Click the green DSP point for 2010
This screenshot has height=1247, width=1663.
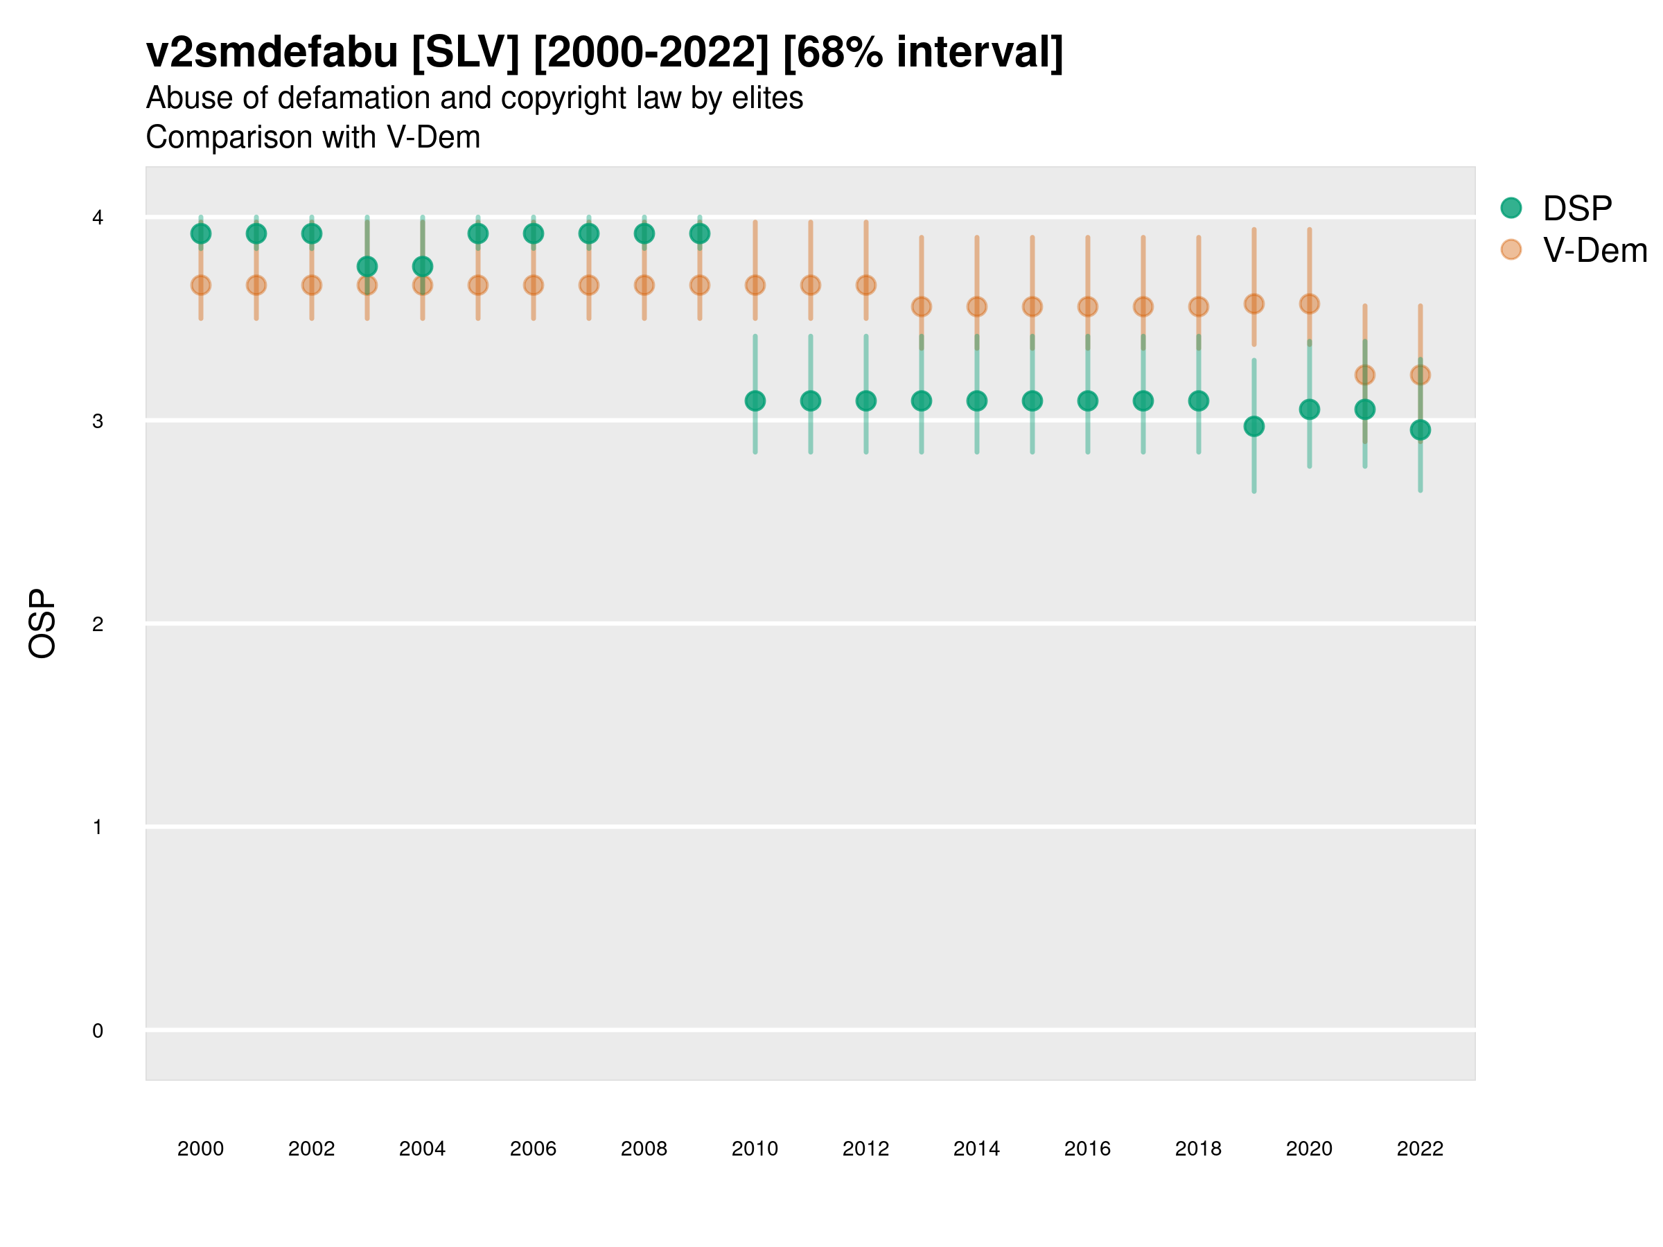tap(755, 400)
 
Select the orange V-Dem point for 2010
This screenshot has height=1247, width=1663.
tap(755, 285)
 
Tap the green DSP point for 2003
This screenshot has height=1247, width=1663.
tap(367, 266)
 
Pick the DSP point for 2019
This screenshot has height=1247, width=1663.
tap(1254, 426)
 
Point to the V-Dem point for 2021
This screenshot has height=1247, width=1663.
tap(1364, 374)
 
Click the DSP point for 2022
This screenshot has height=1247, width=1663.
tap(1420, 430)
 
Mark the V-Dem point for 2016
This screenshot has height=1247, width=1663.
tap(1088, 306)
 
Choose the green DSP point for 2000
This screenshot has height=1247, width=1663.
tap(201, 233)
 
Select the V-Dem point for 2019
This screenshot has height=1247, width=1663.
tap(1254, 303)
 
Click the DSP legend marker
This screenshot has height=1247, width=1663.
tap(1511, 209)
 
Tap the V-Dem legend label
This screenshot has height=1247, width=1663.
tap(1594, 250)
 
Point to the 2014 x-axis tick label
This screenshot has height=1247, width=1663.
tap(976, 1149)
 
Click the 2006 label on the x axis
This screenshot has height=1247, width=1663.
tap(533, 1149)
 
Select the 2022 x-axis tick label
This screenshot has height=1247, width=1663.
tap(1420, 1149)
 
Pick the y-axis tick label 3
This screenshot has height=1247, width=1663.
tap(98, 421)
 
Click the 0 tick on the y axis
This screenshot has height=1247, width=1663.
tap(98, 1031)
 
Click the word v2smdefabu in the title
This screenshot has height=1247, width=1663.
tap(272, 53)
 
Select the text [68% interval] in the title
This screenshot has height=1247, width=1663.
tap(922, 53)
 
